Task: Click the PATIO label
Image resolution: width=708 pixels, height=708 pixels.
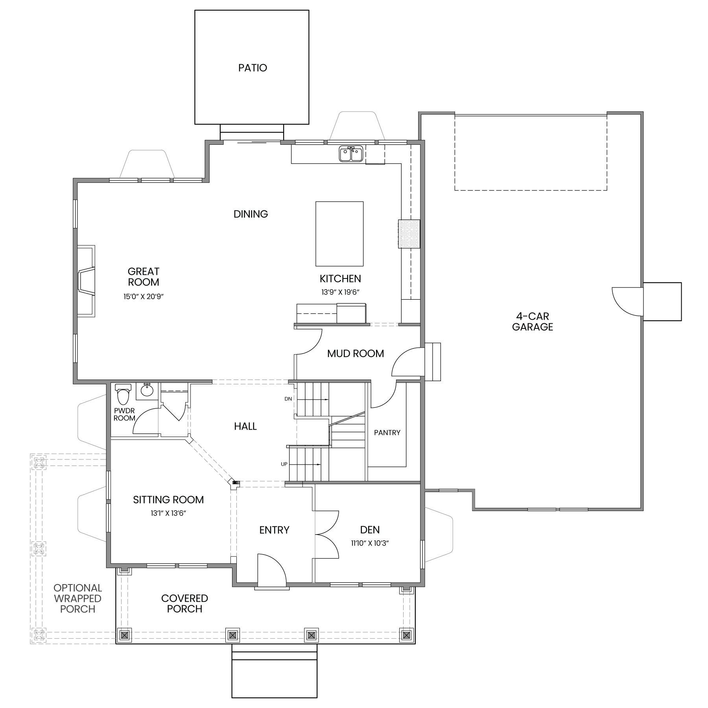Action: pos(253,68)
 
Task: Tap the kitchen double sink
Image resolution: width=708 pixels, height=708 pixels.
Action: pos(351,154)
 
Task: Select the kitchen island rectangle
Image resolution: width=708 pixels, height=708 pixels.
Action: pos(339,234)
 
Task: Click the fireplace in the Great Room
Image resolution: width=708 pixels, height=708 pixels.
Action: pos(86,281)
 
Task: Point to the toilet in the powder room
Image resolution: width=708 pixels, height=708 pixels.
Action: pos(123,394)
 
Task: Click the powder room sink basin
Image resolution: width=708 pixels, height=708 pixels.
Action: pos(147,391)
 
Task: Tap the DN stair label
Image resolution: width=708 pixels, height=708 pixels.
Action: pos(288,399)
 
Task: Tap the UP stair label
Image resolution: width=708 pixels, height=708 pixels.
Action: pos(284,464)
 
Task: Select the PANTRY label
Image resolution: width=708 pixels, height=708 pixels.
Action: pos(387,433)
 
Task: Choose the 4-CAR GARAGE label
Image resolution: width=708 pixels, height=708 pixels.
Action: pos(533,321)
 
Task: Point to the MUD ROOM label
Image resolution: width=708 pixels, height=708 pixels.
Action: pos(356,354)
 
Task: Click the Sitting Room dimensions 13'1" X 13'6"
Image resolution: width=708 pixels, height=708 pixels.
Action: pos(168,513)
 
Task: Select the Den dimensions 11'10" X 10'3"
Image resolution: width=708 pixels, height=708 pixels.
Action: pos(370,544)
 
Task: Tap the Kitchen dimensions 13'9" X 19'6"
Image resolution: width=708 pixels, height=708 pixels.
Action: pos(341,292)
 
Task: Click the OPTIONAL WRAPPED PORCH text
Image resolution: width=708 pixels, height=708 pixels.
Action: pos(78,599)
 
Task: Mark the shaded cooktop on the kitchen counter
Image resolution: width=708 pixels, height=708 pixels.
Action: pos(409,234)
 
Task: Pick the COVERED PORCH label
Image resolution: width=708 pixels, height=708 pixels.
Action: pos(184,603)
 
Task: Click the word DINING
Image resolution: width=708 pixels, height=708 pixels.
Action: pos(251,214)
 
